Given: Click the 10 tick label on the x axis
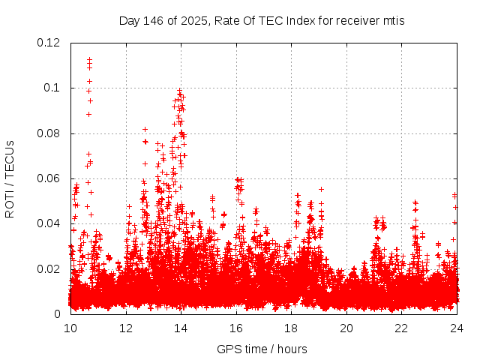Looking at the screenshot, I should click(x=70, y=328).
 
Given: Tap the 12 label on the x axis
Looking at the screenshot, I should click(x=126, y=328).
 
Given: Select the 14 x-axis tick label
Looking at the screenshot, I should click(x=181, y=328).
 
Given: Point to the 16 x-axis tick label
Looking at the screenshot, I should click(x=236, y=328).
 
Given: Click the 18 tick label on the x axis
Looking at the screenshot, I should click(x=291, y=328).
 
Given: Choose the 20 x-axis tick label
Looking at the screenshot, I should click(x=346, y=328).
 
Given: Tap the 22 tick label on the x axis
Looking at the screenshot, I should click(x=401, y=328).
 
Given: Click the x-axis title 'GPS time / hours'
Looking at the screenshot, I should click(x=262, y=349).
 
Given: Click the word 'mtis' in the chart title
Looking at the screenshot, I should click(x=392, y=20).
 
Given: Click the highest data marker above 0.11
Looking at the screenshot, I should click(x=89, y=59).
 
